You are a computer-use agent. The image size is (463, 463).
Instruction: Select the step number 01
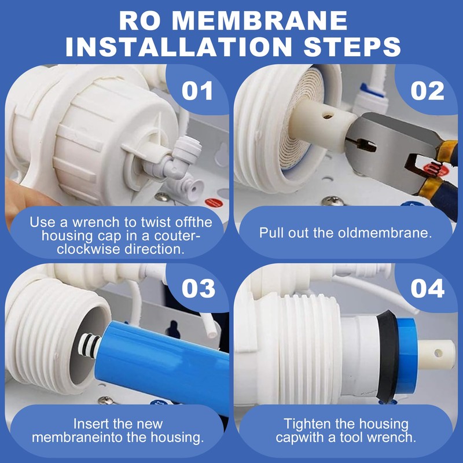click(197, 91)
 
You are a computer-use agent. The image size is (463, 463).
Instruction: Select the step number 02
click(427, 91)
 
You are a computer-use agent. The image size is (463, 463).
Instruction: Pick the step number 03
click(197, 288)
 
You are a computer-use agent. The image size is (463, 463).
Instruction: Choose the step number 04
click(427, 288)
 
